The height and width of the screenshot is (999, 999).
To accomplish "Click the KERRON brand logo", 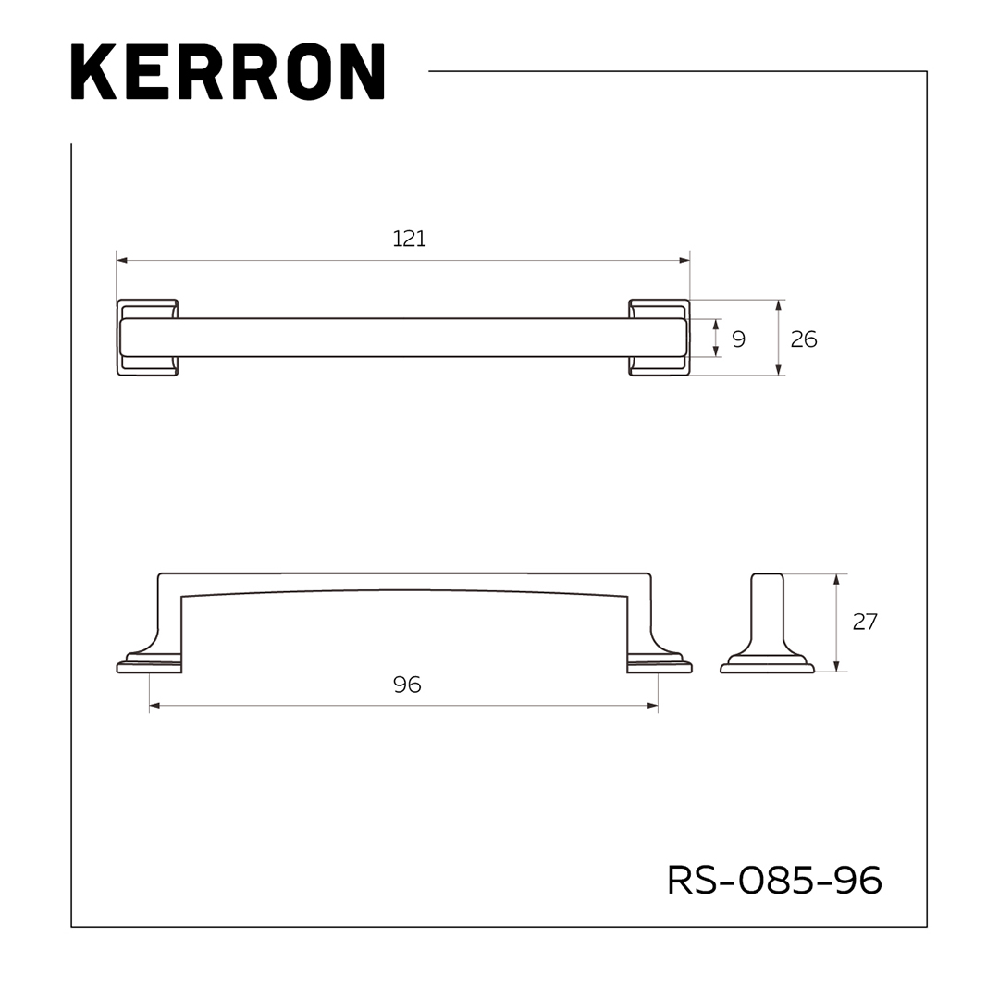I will click(x=227, y=71).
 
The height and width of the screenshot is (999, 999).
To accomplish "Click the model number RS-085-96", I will click(x=774, y=880).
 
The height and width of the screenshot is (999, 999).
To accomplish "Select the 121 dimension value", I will click(x=409, y=239).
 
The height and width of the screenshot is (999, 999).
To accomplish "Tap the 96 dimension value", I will click(x=407, y=684).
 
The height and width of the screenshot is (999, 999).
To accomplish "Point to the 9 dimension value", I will click(x=738, y=339).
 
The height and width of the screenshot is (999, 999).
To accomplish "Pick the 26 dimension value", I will click(x=803, y=339).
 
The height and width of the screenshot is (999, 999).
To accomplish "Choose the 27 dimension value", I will click(x=864, y=622).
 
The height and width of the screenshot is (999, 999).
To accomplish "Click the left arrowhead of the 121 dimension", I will click(x=121, y=261).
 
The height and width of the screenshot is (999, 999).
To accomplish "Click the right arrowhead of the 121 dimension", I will click(x=685, y=261).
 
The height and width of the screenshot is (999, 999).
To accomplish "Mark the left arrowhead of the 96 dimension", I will click(x=154, y=706).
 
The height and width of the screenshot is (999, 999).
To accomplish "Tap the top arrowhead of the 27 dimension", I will click(x=836, y=579).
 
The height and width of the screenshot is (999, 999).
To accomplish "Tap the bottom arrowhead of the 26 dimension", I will click(x=779, y=370).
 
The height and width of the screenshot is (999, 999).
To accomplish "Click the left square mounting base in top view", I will click(x=147, y=338).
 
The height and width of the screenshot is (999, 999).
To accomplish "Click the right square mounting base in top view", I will click(x=660, y=338).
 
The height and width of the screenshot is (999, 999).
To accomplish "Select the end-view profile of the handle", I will click(x=767, y=624).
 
